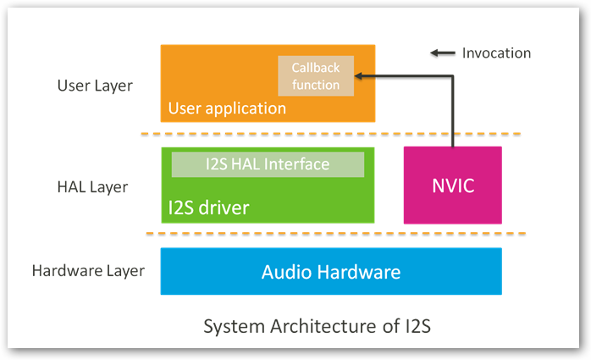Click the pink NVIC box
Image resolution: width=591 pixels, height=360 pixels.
[452, 185]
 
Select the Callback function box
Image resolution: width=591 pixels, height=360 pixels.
[315, 76]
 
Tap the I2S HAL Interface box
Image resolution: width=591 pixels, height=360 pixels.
[268, 164]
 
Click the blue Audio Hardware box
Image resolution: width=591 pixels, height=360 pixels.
[330, 272]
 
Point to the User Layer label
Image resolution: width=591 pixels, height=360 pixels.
[94, 86]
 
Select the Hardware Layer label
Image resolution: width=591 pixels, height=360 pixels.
[88, 272]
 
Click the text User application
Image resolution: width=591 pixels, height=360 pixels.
[227, 108]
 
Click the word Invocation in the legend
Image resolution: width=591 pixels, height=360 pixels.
[496, 53]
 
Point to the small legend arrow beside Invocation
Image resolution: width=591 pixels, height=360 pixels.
[441, 53]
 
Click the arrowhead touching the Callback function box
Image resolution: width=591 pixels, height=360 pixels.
[359, 76]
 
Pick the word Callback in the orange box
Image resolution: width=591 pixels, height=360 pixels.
[315, 68]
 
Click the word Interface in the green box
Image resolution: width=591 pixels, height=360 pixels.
[298, 164]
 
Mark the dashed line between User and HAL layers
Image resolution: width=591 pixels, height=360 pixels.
[330, 134]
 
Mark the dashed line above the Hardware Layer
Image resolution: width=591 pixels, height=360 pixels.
[330, 234]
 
